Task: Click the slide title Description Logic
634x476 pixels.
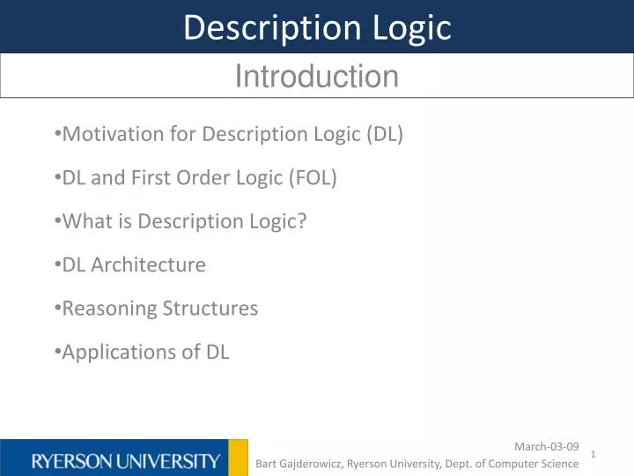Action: point(317,28)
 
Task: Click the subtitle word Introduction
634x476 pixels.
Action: point(317,77)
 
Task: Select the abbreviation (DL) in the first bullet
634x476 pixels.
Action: point(385,134)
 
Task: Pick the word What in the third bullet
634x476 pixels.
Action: point(84,221)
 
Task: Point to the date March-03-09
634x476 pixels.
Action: point(546,447)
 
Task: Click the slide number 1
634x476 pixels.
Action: point(594,454)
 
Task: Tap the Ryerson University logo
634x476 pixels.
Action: point(126,460)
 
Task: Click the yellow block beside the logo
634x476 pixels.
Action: point(238,457)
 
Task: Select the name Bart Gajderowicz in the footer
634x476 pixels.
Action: point(299,464)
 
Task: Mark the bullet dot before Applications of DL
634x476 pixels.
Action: point(57,351)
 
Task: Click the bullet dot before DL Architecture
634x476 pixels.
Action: point(57,264)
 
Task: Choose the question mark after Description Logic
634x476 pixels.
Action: point(302,221)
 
